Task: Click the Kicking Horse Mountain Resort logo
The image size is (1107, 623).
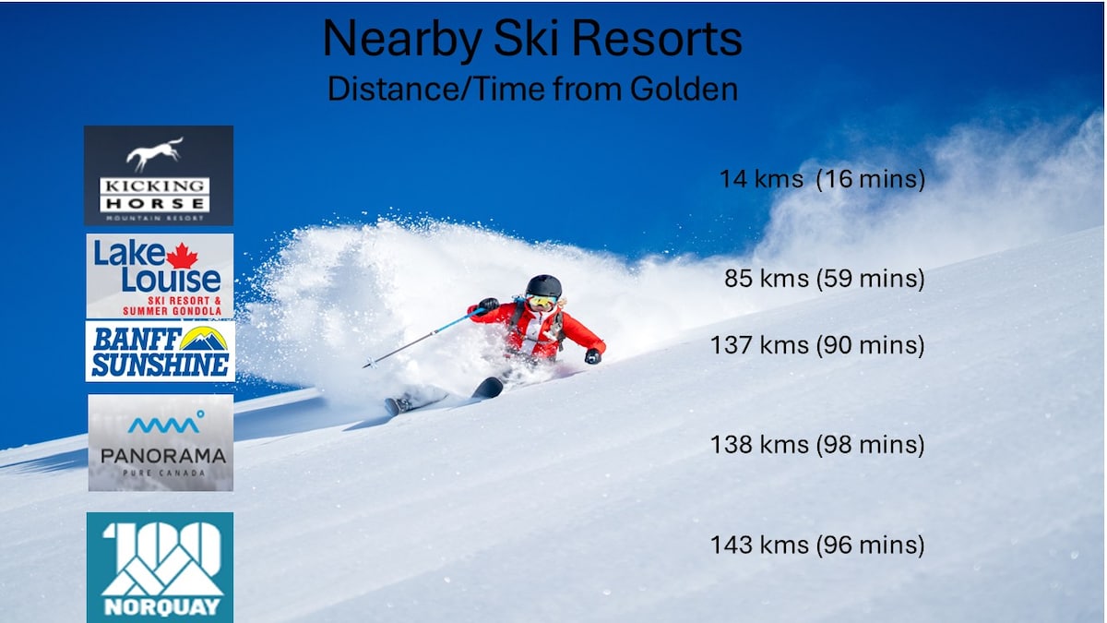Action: [x=159, y=175]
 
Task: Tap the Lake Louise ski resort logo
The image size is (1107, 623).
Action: [x=161, y=276]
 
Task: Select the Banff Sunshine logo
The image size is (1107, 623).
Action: [x=161, y=351]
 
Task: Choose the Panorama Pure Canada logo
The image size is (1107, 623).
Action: [x=161, y=442]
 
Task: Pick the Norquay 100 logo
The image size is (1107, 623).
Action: [x=161, y=568]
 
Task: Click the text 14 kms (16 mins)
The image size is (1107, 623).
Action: [x=822, y=179]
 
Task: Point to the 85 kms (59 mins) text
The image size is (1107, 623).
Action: [x=825, y=279]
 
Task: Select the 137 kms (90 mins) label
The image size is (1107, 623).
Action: [x=817, y=345]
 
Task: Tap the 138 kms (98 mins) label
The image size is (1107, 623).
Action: [x=817, y=445]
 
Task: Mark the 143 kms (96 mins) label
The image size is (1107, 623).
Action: [x=817, y=545]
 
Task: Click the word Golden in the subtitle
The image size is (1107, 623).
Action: [x=684, y=89]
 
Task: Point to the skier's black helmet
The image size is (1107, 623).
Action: [x=543, y=286]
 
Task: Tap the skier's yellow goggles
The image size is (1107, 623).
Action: [x=542, y=301]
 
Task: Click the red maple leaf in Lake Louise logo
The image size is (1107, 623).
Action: [x=182, y=257]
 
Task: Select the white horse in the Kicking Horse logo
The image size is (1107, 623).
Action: [x=155, y=153]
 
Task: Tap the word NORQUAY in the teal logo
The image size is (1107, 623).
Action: [x=162, y=607]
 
